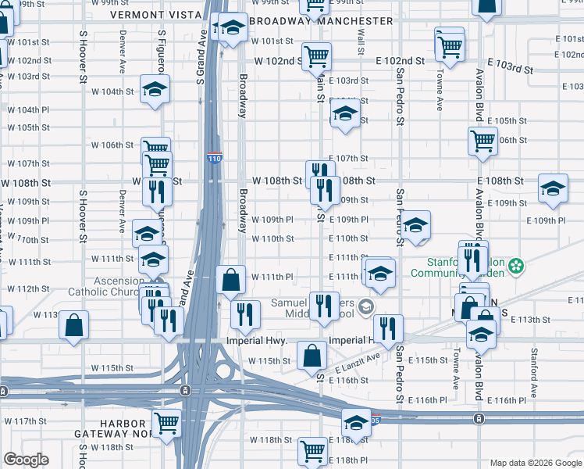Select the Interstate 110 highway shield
coord(215,158)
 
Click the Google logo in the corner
coord(26,460)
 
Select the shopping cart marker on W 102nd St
coord(316,55)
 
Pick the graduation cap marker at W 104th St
coord(155,88)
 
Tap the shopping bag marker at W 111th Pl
coord(231,280)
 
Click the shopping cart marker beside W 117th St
coord(167,423)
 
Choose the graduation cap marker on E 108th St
coord(554,188)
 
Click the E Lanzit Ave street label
coord(358,364)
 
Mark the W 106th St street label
coord(113,145)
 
